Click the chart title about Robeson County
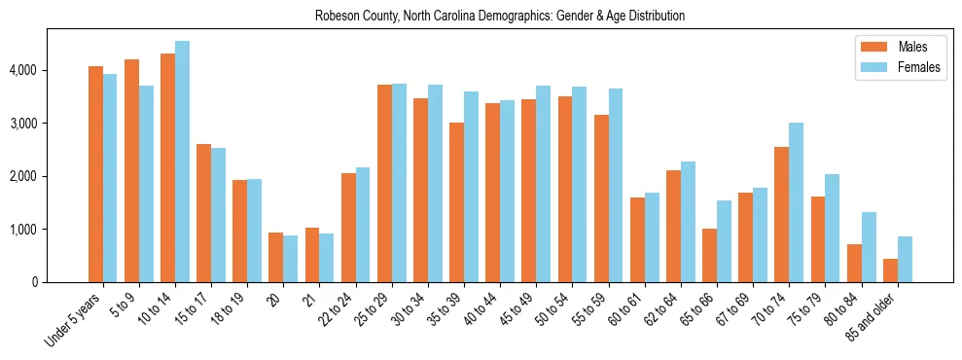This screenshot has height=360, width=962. (x=500, y=16)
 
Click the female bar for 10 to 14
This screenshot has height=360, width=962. (x=182, y=162)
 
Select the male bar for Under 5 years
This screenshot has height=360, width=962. (x=95, y=174)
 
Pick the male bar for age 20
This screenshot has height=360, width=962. (x=276, y=257)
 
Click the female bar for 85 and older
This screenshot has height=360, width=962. (x=905, y=259)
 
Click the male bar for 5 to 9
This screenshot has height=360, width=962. (x=131, y=170)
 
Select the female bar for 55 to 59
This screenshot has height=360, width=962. (x=616, y=185)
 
